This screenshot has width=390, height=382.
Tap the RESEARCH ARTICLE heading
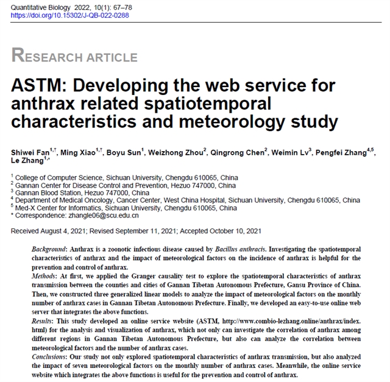tap(74, 57)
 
